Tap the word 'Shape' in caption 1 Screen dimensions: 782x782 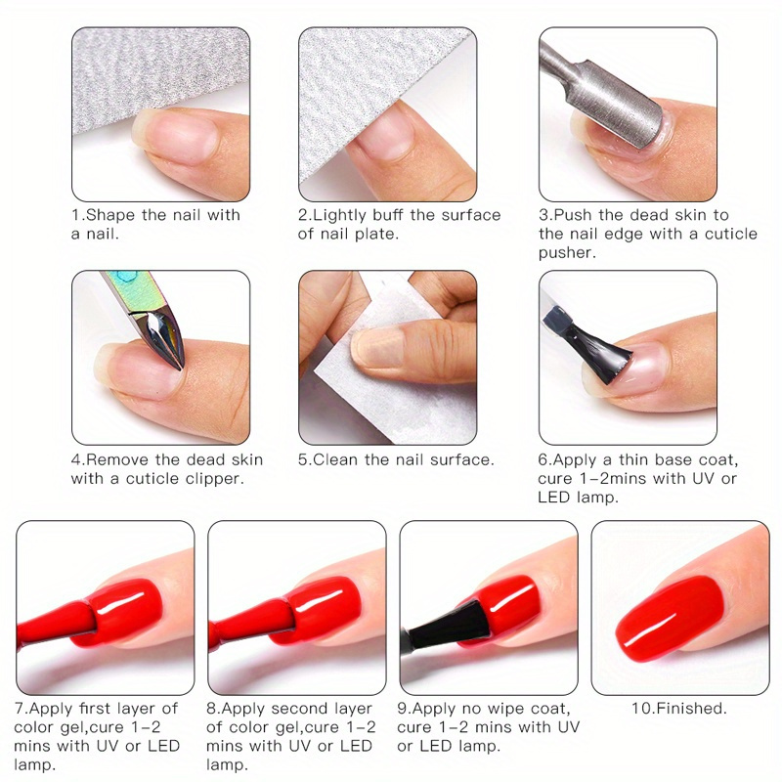point(110,215)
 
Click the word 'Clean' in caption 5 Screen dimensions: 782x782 point(334,459)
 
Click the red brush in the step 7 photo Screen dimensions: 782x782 point(56,624)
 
